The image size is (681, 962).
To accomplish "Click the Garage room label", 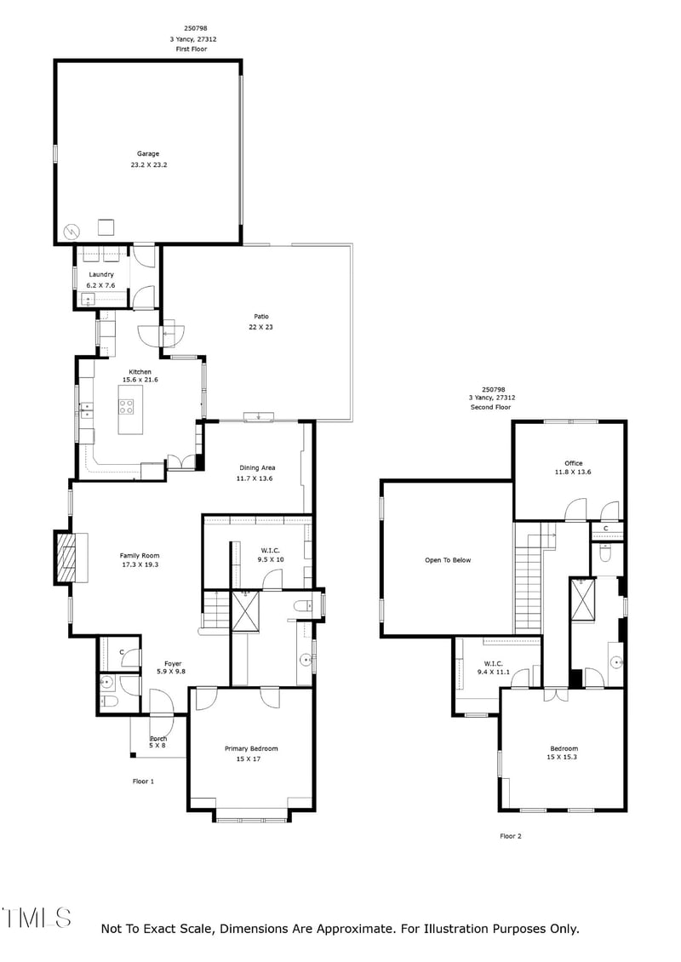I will (148, 154).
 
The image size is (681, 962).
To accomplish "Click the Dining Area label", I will (256, 467).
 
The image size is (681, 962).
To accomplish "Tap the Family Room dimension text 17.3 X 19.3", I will (139, 564).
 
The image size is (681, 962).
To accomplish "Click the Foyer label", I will (173, 664).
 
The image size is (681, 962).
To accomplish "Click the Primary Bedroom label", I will (251, 748).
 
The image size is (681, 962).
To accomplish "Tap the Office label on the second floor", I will (574, 463).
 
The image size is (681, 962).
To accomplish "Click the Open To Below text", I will (448, 560).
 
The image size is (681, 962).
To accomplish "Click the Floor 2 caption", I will (510, 836).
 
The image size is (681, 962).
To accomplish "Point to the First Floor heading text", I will (191, 49).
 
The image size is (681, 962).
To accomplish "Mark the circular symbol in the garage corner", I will (72, 229).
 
